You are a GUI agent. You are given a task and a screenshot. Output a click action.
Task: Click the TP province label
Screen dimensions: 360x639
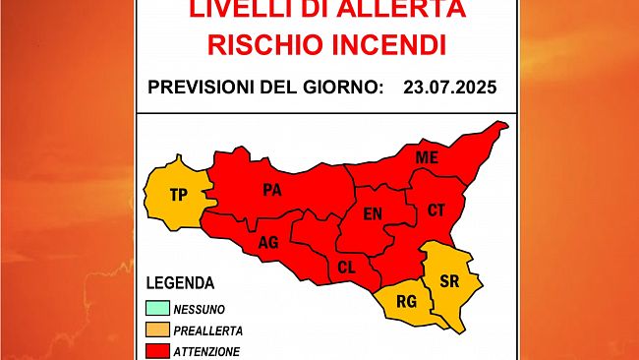[178, 195]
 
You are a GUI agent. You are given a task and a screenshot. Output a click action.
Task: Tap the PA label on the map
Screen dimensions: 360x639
[272, 191]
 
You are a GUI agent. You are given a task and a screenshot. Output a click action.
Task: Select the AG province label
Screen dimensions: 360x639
[268, 242]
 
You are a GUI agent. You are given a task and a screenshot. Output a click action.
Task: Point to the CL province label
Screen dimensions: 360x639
[347, 268]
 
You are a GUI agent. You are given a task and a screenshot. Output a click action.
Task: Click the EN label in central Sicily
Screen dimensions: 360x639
[374, 213]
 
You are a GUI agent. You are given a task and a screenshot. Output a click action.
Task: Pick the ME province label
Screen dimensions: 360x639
[427, 157]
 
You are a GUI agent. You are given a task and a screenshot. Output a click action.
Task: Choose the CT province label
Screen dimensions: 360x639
[437, 210]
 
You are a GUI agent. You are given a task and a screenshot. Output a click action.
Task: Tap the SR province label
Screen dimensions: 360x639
[449, 282]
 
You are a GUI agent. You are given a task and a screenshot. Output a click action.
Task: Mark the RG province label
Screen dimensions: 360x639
[406, 302]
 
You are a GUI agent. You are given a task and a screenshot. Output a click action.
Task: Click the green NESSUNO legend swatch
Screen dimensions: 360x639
[156, 309]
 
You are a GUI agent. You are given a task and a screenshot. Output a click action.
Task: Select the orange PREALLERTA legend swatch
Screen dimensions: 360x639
[156, 330]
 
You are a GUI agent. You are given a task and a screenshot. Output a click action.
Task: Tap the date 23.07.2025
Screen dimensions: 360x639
[450, 88]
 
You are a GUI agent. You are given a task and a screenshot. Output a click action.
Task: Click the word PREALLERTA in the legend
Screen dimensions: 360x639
[208, 330]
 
